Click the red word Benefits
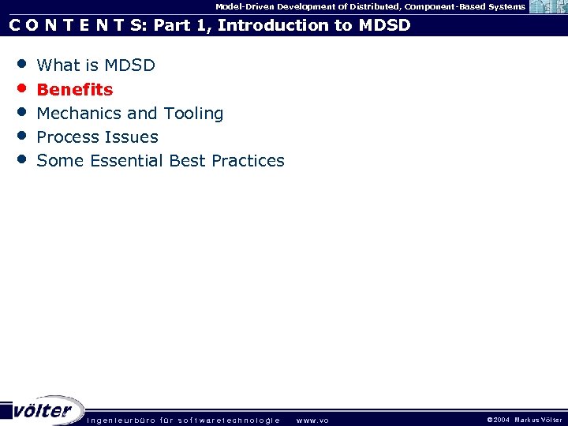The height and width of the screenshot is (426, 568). pyautogui.click(x=75, y=89)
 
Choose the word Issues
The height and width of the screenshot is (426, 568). pyautogui.click(x=133, y=137)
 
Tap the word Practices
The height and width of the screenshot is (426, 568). pyautogui.click(x=245, y=161)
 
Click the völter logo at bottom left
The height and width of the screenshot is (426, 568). pyautogui.click(x=43, y=410)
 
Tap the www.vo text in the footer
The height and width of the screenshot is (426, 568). pyautogui.click(x=312, y=420)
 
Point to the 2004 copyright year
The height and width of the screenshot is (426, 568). pyautogui.click(x=502, y=420)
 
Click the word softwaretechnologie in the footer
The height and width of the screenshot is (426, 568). pyautogui.click(x=229, y=420)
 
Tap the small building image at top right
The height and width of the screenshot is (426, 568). pyautogui.click(x=547, y=7)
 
